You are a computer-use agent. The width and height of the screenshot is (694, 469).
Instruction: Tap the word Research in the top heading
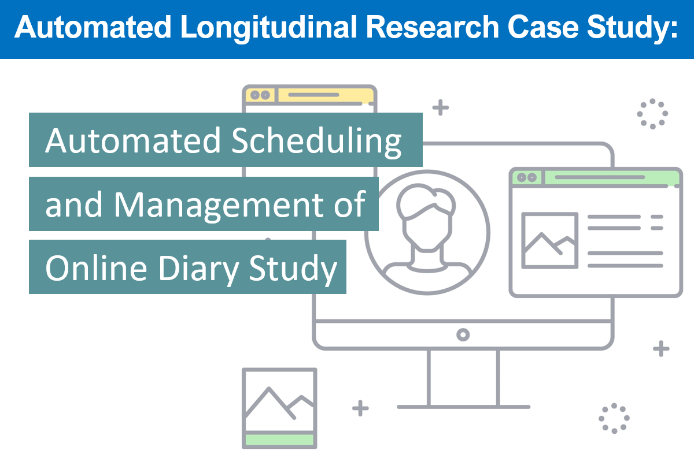(433, 27)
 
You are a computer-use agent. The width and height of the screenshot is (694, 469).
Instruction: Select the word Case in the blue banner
(543, 27)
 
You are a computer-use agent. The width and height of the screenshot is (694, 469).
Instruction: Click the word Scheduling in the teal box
(316, 142)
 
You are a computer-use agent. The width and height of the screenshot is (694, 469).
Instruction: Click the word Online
(96, 267)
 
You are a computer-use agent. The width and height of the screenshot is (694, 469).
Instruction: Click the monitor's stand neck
(463, 378)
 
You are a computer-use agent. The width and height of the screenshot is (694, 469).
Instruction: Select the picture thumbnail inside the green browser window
(549, 240)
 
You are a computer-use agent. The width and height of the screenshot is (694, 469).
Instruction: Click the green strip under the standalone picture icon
(279, 440)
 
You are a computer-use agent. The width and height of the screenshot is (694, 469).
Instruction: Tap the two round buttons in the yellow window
(260, 95)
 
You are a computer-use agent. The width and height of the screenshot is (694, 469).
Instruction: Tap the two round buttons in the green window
(527, 177)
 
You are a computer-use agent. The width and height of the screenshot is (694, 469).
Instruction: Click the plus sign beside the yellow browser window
(440, 107)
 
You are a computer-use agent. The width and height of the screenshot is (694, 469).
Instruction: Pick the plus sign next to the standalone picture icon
(360, 408)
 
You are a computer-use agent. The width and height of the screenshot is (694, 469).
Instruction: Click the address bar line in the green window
(600, 177)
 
